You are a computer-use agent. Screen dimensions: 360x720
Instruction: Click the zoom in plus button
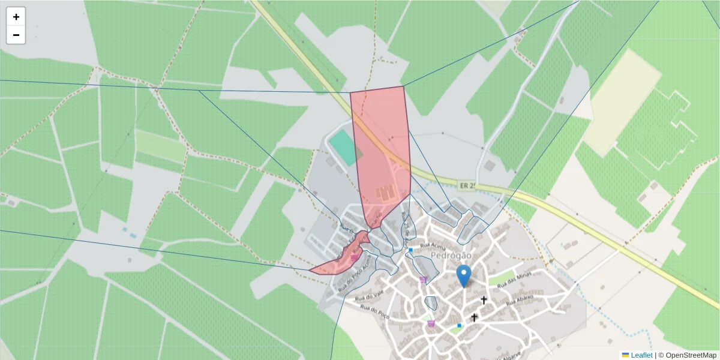(16, 17)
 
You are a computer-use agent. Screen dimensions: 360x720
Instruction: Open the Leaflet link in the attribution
(641, 355)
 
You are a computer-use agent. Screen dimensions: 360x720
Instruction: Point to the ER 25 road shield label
(467, 187)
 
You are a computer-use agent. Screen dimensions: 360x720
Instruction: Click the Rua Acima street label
(433, 245)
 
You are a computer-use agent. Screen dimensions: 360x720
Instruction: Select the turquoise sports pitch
(343, 148)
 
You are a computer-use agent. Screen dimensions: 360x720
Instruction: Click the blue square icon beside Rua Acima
(410, 250)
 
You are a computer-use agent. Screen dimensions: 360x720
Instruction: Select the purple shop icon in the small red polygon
(355, 257)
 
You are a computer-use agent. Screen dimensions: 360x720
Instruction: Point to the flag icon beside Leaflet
(625, 355)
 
